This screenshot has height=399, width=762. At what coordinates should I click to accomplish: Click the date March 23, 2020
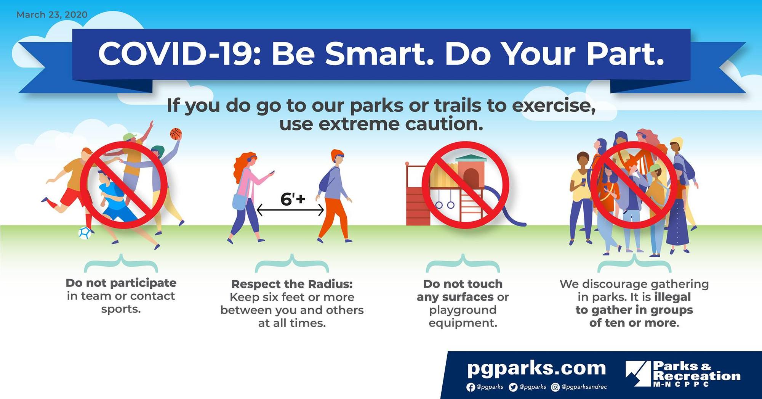[52, 14]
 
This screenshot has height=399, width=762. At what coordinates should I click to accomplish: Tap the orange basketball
[176, 134]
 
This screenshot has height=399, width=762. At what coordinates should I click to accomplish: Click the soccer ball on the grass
[85, 233]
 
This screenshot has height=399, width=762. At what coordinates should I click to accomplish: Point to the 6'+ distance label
[293, 199]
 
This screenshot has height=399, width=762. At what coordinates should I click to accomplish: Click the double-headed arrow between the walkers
[290, 210]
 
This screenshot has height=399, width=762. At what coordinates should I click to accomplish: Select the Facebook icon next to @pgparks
[471, 387]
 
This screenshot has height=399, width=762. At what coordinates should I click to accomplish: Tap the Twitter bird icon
[513, 387]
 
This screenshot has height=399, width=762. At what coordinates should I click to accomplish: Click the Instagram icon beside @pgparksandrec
[555, 387]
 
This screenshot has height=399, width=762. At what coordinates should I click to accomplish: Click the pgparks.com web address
[536, 368]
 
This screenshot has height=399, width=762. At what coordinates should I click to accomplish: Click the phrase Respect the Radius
[292, 284]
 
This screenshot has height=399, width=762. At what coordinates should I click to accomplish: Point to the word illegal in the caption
[672, 297]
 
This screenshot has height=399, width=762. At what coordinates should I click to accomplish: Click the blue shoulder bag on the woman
[239, 201]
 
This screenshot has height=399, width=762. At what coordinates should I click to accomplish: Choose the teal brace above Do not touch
[463, 263]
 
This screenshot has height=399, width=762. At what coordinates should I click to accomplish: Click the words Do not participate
[121, 283]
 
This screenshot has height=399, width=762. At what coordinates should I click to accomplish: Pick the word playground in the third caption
[463, 310]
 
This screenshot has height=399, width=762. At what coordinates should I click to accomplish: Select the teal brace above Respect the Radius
[292, 263]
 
